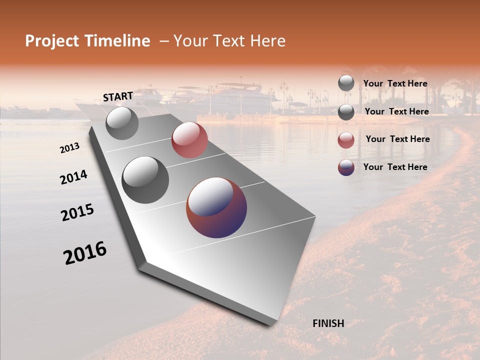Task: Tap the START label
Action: coord(118,96)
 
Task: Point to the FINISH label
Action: coord(328,323)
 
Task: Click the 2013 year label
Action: coord(70,148)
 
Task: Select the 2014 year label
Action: coord(74,177)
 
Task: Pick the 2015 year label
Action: coord(77,212)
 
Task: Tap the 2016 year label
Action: coord(85,253)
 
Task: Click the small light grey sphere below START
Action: coord(122,123)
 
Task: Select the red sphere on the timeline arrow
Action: coord(189,140)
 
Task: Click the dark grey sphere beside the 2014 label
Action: coord(145,179)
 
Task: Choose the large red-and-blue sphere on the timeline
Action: coord(216,207)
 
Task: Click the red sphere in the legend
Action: coord(346,140)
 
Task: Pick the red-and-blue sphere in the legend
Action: coord(346,167)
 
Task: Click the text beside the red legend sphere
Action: coord(397,139)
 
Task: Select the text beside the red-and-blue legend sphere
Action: coord(395,167)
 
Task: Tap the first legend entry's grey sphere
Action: coord(346,83)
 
